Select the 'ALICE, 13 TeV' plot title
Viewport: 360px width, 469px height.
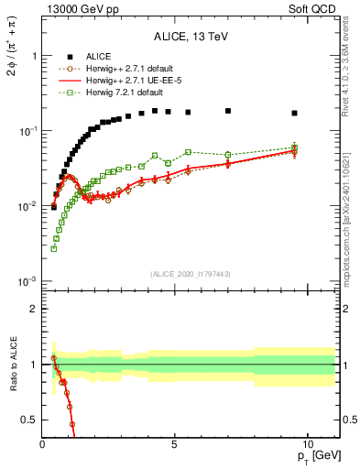point(191,38)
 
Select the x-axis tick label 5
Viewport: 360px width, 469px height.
point(174,442)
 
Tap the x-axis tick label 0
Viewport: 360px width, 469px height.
point(43,442)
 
